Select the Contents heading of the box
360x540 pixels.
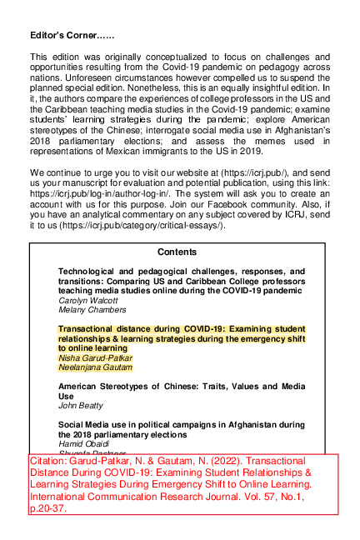[x=177, y=252]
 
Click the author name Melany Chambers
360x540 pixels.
[x=86, y=310]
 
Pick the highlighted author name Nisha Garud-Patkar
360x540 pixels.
[x=95, y=357]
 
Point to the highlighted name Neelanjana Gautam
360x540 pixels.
[x=95, y=367]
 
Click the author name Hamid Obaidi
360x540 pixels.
[x=80, y=444]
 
